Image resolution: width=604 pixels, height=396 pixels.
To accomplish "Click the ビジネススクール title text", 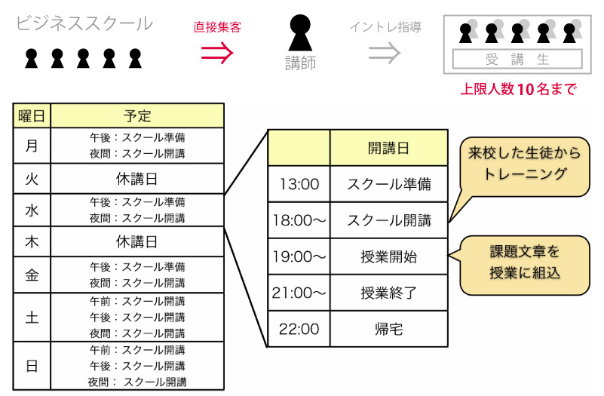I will [84, 23].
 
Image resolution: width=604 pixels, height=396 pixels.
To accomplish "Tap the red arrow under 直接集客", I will [216, 51].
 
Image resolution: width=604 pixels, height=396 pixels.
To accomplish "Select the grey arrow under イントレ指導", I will [385, 51].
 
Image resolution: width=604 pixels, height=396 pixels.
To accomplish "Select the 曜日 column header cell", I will [32, 116].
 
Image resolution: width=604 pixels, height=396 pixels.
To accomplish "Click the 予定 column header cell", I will [137, 116].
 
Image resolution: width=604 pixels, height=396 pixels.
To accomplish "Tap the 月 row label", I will [32, 146].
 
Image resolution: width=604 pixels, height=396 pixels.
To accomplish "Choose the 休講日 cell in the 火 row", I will [137, 179].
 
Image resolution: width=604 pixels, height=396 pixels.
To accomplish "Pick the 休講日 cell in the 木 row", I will [137, 242].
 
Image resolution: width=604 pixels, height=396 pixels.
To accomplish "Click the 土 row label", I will [32, 317].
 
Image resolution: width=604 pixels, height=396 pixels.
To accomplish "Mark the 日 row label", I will [32, 366].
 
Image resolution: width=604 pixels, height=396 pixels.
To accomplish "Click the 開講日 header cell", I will [388, 148].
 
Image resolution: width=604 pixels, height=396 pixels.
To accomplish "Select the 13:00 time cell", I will [299, 184].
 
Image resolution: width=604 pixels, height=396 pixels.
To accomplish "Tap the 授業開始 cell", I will [388, 256].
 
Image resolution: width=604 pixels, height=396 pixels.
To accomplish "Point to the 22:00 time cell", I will [299, 329].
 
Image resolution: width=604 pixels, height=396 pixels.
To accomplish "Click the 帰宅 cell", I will [388, 329].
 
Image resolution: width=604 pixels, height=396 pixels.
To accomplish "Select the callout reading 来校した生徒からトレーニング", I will [524, 164].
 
